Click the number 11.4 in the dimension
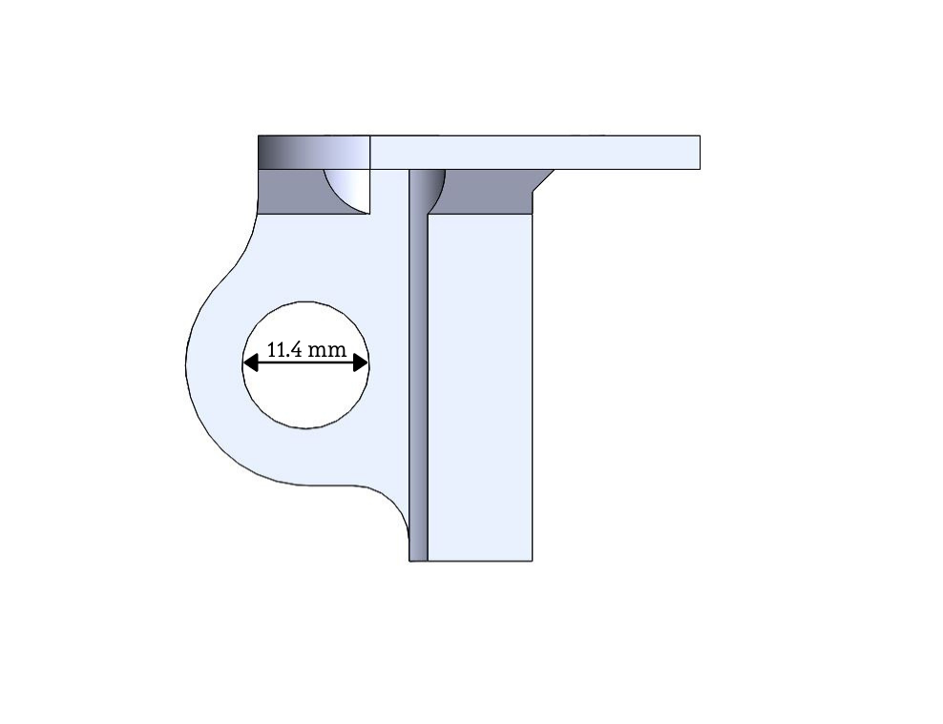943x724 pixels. click(283, 349)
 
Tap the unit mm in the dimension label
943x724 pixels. click(326, 350)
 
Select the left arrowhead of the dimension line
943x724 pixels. click(250, 362)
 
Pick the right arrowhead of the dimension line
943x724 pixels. click(360, 362)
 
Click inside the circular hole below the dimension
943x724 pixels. click(305, 397)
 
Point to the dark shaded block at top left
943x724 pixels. click(314, 153)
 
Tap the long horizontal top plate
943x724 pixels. click(534, 153)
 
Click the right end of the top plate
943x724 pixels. click(700, 153)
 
